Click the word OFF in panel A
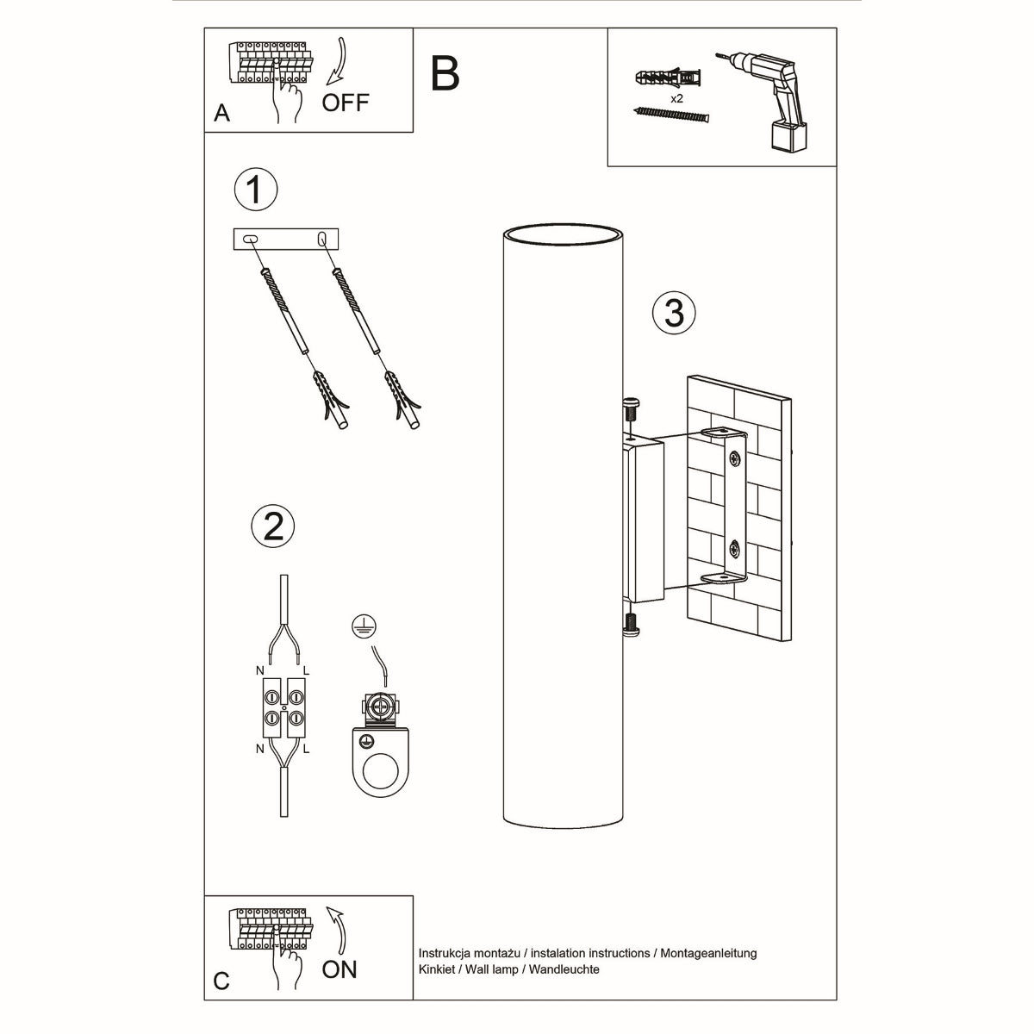(345, 103)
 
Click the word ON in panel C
(339, 969)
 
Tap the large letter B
(445, 74)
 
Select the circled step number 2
(272, 525)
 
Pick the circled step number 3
(674, 312)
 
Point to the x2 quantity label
(676, 99)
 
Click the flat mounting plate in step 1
(287, 240)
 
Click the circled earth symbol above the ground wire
(362, 626)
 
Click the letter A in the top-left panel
(222, 114)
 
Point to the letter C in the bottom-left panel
(222, 981)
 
